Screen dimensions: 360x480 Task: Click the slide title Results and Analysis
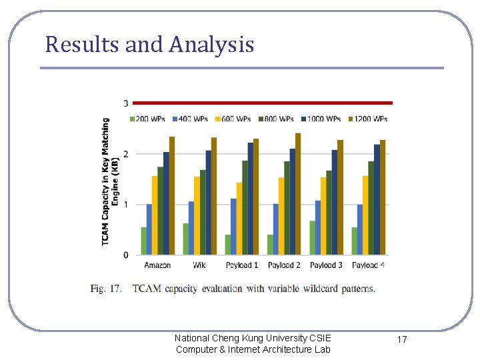click(149, 45)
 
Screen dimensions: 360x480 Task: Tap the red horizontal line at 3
click(263, 103)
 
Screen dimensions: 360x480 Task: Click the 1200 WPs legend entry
click(369, 119)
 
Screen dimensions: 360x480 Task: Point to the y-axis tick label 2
click(125, 154)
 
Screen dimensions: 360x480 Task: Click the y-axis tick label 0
click(125, 255)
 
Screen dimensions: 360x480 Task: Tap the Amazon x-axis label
click(157, 265)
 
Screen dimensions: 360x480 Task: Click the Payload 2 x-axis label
click(284, 265)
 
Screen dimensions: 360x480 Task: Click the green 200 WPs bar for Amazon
click(143, 241)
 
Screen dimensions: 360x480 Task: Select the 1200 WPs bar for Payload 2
click(298, 194)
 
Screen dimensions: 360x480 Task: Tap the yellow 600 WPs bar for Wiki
click(197, 215)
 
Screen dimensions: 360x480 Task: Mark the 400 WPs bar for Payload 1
click(233, 227)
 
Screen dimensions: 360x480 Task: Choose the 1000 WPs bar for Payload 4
click(377, 199)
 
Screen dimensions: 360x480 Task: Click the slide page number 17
click(402, 340)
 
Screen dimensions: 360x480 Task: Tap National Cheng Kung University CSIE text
click(253, 338)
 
